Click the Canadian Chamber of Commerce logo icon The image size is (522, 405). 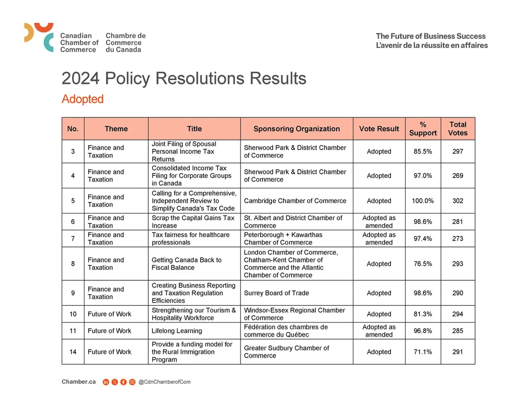pos(39,37)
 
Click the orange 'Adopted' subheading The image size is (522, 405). pos(82,99)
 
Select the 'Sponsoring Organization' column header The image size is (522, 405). pos(296,129)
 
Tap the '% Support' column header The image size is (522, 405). pos(423,129)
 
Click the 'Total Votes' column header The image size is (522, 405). pos(458,129)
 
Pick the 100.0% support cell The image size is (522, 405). pos(423,201)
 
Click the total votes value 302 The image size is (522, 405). pos(458,201)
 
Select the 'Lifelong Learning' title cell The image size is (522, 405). pos(177,331)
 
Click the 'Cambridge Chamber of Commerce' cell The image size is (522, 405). pos(295,201)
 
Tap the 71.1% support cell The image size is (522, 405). pos(423,352)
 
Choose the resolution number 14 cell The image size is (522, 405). pos(73,352)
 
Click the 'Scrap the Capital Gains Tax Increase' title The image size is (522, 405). pos(193,222)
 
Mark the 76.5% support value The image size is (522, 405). pos(423,264)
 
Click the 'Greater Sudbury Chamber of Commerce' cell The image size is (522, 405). pos(287,352)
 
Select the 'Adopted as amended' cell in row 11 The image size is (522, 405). pos(379,331)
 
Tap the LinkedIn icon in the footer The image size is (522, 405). pos(106,382)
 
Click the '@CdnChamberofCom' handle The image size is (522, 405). pos(164,382)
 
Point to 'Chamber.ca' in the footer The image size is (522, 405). pos(78,382)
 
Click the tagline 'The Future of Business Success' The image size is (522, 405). pos(431,36)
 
